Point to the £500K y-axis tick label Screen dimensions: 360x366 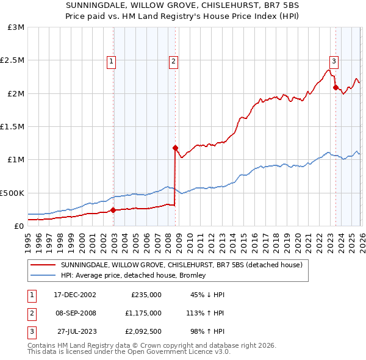pyautogui.click(x=12, y=193)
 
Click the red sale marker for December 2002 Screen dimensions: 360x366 pyautogui.click(x=113, y=211)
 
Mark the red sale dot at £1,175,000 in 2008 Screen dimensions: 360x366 pyautogui.click(x=175, y=148)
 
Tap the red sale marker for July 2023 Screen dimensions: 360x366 pyautogui.click(x=335, y=87)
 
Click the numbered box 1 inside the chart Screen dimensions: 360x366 pyautogui.click(x=112, y=61)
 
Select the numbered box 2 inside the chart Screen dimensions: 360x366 pyautogui.click(x=174, y=61)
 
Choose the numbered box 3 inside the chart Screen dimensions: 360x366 pyautogui.click(x=334, y=61)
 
